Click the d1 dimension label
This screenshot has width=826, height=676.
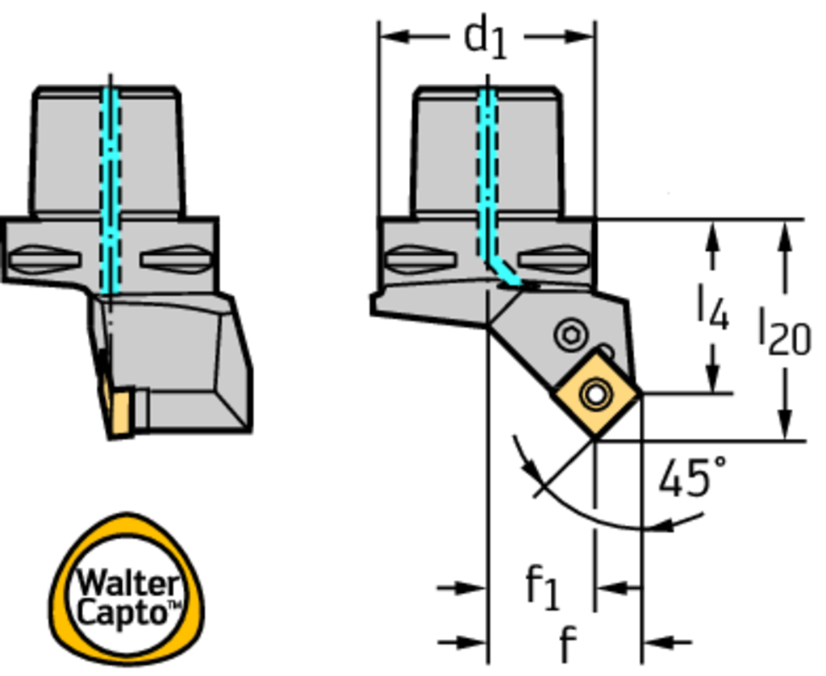485,38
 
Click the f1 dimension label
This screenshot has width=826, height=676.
542,586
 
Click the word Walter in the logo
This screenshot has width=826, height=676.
127,582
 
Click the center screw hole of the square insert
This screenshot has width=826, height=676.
597,394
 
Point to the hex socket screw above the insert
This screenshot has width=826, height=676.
569,334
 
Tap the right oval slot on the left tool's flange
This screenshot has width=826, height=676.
176,260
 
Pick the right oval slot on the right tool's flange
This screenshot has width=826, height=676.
553,260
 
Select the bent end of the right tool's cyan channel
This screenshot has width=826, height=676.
508,277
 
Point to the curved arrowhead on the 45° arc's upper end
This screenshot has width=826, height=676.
526,465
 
